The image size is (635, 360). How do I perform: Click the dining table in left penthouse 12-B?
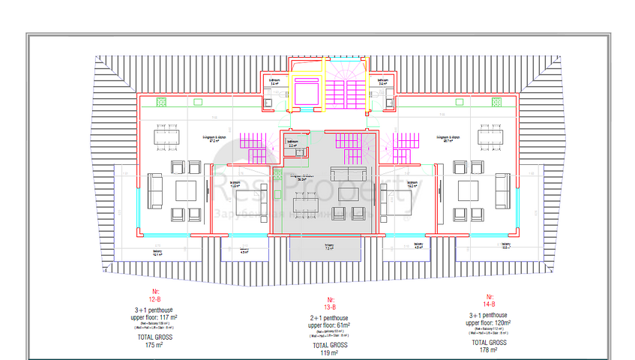click(x=166, y=137)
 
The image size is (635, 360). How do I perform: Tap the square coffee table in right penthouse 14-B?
click(x=469, y=190)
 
